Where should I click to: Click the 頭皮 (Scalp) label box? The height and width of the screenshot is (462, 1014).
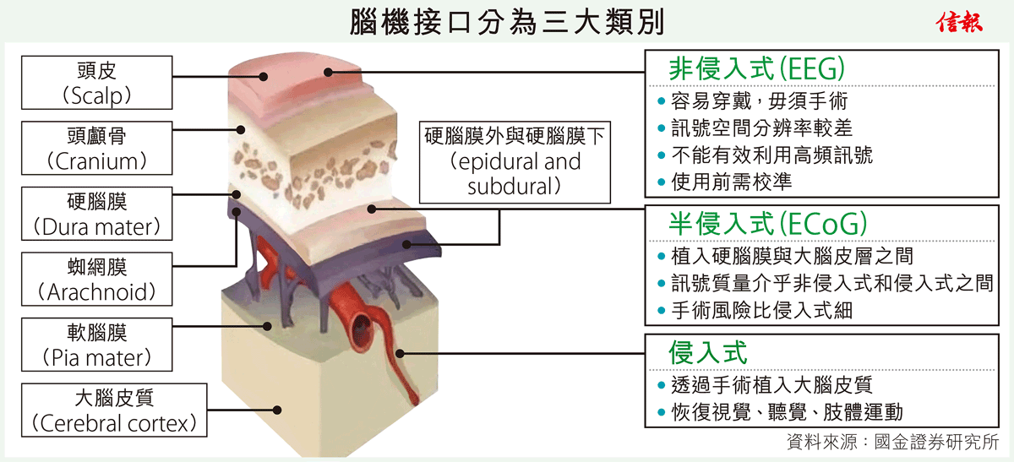tap(97, 83)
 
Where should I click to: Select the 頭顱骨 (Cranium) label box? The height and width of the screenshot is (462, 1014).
tap(97, 148)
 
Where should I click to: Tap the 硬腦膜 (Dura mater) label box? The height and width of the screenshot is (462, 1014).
tap(97, 214)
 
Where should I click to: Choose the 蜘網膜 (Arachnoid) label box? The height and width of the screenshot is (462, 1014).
tap(97, 280)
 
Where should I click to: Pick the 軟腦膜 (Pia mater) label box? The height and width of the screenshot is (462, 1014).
tap(97, 345)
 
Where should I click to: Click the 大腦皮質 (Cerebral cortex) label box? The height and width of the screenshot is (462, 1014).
tap(114, 410)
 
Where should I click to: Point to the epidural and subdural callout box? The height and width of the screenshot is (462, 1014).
tap(515, 162)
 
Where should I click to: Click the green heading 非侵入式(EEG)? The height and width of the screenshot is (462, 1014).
tap(756, 68)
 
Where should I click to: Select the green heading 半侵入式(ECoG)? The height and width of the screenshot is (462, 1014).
tap(768, 224)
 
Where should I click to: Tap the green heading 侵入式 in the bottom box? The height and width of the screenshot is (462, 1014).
tap(707, 352)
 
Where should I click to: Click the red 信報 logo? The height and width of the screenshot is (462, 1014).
tap(959, 22)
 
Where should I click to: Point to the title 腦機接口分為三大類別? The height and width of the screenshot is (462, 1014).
tap(507, 22)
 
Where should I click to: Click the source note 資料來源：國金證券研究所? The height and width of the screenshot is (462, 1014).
tap(892, 442)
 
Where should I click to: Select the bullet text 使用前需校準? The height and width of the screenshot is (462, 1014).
tap(732, 182)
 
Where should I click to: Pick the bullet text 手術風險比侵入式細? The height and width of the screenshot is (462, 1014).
tap(762, 311)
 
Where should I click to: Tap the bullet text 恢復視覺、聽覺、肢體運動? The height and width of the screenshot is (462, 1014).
tap(787, 412)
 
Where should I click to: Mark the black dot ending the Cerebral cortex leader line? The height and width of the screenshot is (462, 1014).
tap(277, 410)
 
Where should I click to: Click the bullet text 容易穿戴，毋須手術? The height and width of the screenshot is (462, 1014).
tap(759, 101)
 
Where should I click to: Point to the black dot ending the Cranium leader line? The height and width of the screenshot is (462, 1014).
tap(241, 130)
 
